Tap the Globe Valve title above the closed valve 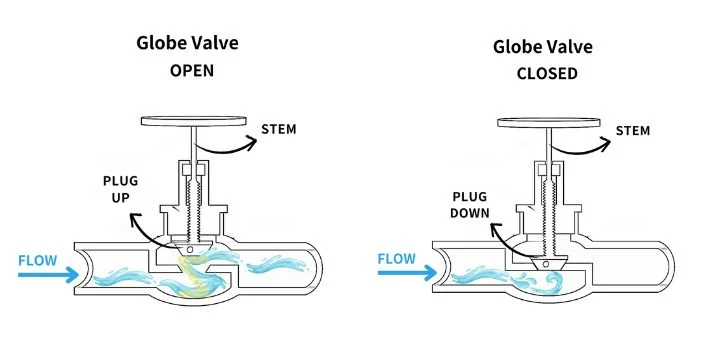[543, 47]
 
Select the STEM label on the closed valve [633, 131]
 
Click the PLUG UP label [121, 188]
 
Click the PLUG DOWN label [465, 205]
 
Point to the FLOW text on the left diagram [38, 260]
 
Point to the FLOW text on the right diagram [397, 259]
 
